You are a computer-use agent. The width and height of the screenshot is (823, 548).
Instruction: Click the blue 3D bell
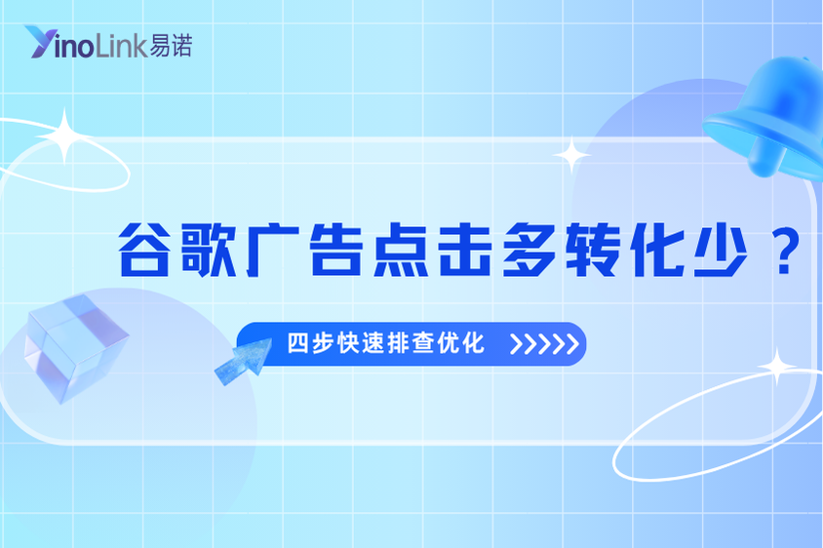(767, 117)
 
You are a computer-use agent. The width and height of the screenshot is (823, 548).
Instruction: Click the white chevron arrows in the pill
(545, 345)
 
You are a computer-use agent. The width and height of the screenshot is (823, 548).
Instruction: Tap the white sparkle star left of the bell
(570, 155)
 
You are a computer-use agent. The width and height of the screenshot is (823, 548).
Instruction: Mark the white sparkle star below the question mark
(777, 368)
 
